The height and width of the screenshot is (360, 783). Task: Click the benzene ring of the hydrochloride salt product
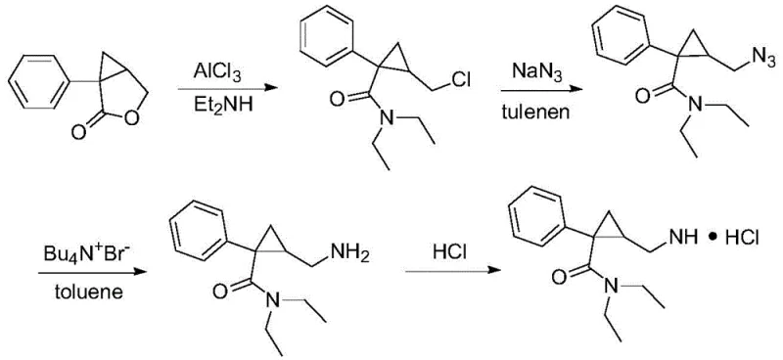[x=532, y=226]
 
